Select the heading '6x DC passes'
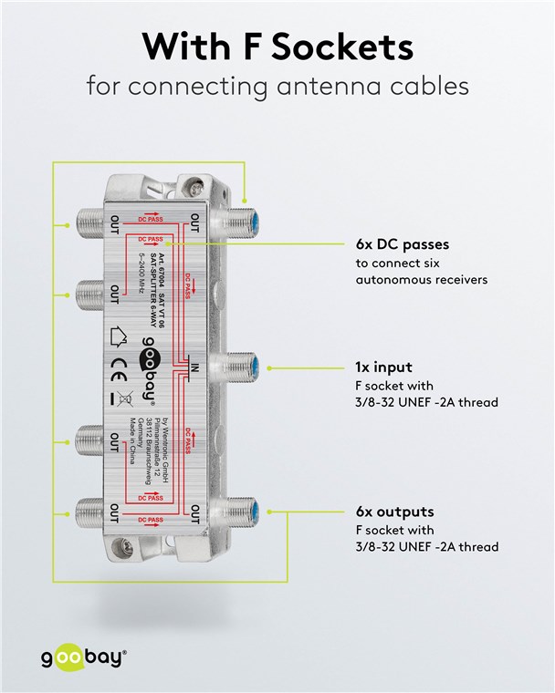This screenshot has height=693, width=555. click(402, 245)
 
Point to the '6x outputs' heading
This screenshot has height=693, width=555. click(394, 512)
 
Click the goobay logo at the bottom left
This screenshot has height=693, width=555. click(81, 657)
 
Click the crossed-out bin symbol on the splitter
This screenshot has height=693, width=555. click(119, 398)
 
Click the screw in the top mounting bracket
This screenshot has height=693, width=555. click(194, 190)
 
